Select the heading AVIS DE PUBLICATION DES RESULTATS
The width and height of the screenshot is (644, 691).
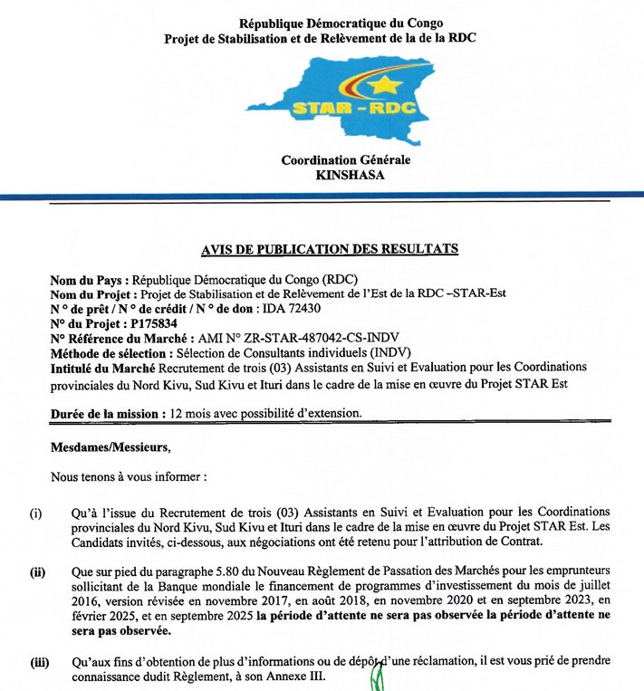(x=330, y=248)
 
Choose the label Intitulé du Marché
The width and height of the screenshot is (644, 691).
(x=102, y=367)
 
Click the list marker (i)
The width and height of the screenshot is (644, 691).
(x=36, y=513)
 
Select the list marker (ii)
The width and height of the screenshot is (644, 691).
(x=37, y=571)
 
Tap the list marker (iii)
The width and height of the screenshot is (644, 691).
(x=38, y=662)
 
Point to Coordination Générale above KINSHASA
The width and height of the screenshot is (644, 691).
(x=345, y=160)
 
